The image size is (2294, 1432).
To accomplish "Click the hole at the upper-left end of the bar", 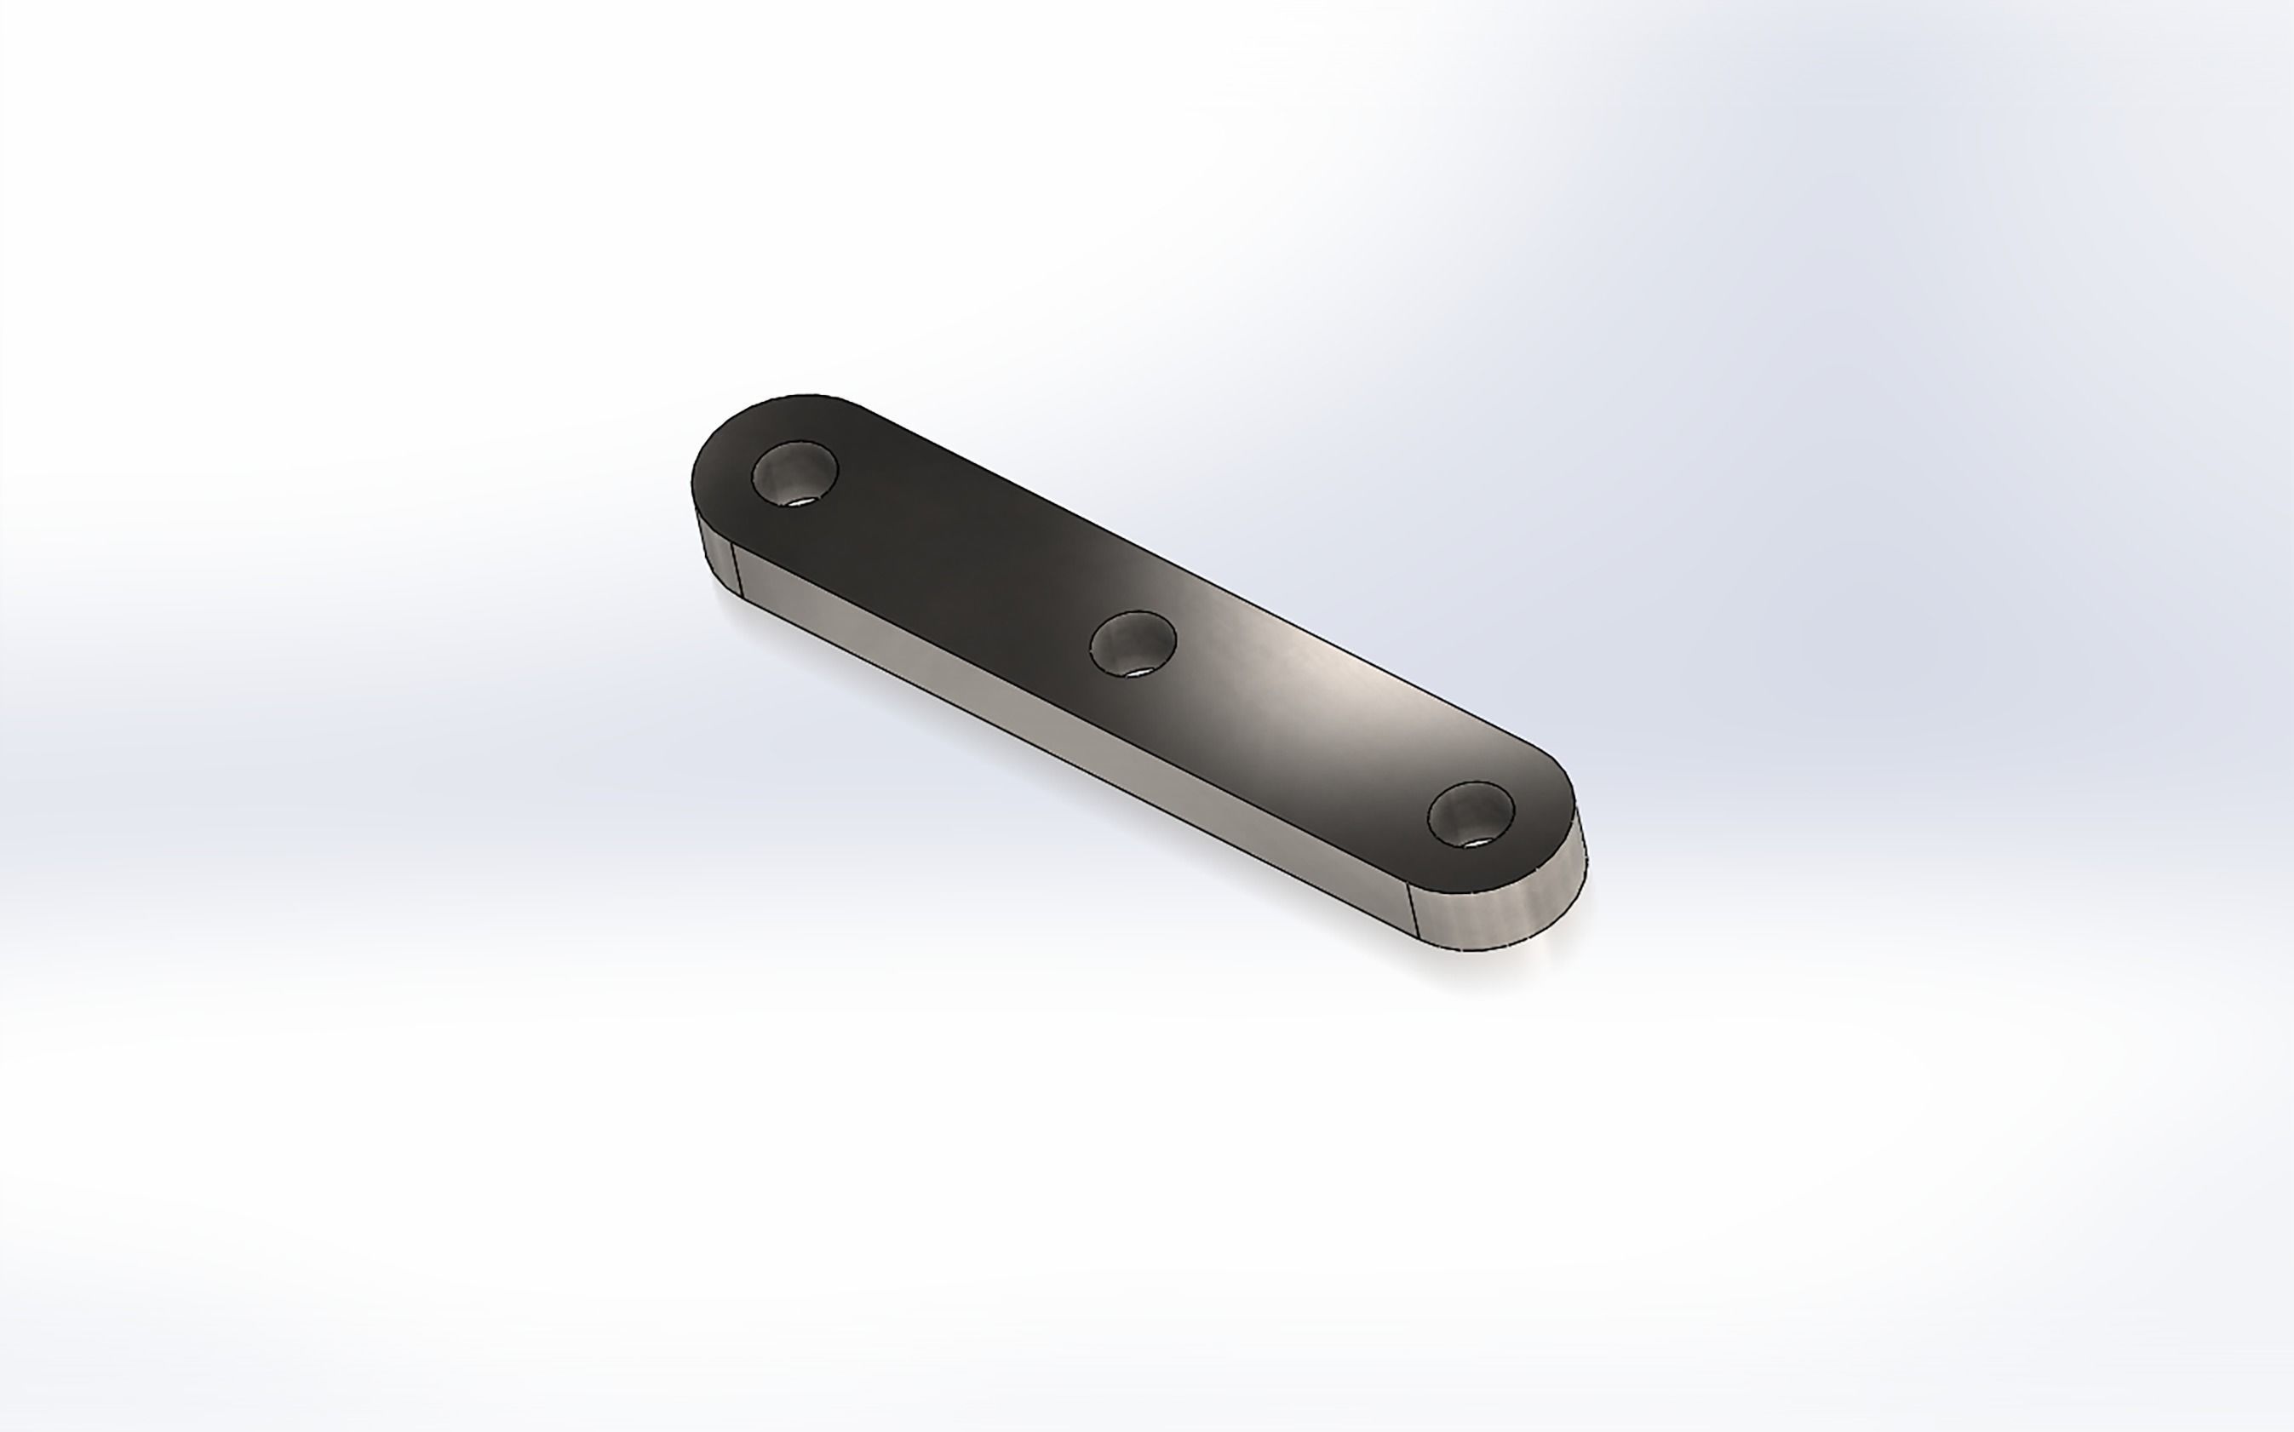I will click(x=794, y=473).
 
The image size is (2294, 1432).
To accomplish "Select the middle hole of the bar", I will click(x=1133, y=643).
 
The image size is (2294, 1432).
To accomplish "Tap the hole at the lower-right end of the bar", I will click(x=1470, y=814).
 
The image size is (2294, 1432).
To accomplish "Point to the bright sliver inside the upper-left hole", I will click(x=803, y=500).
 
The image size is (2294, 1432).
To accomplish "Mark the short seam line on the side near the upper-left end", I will click(x=735, y=566).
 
